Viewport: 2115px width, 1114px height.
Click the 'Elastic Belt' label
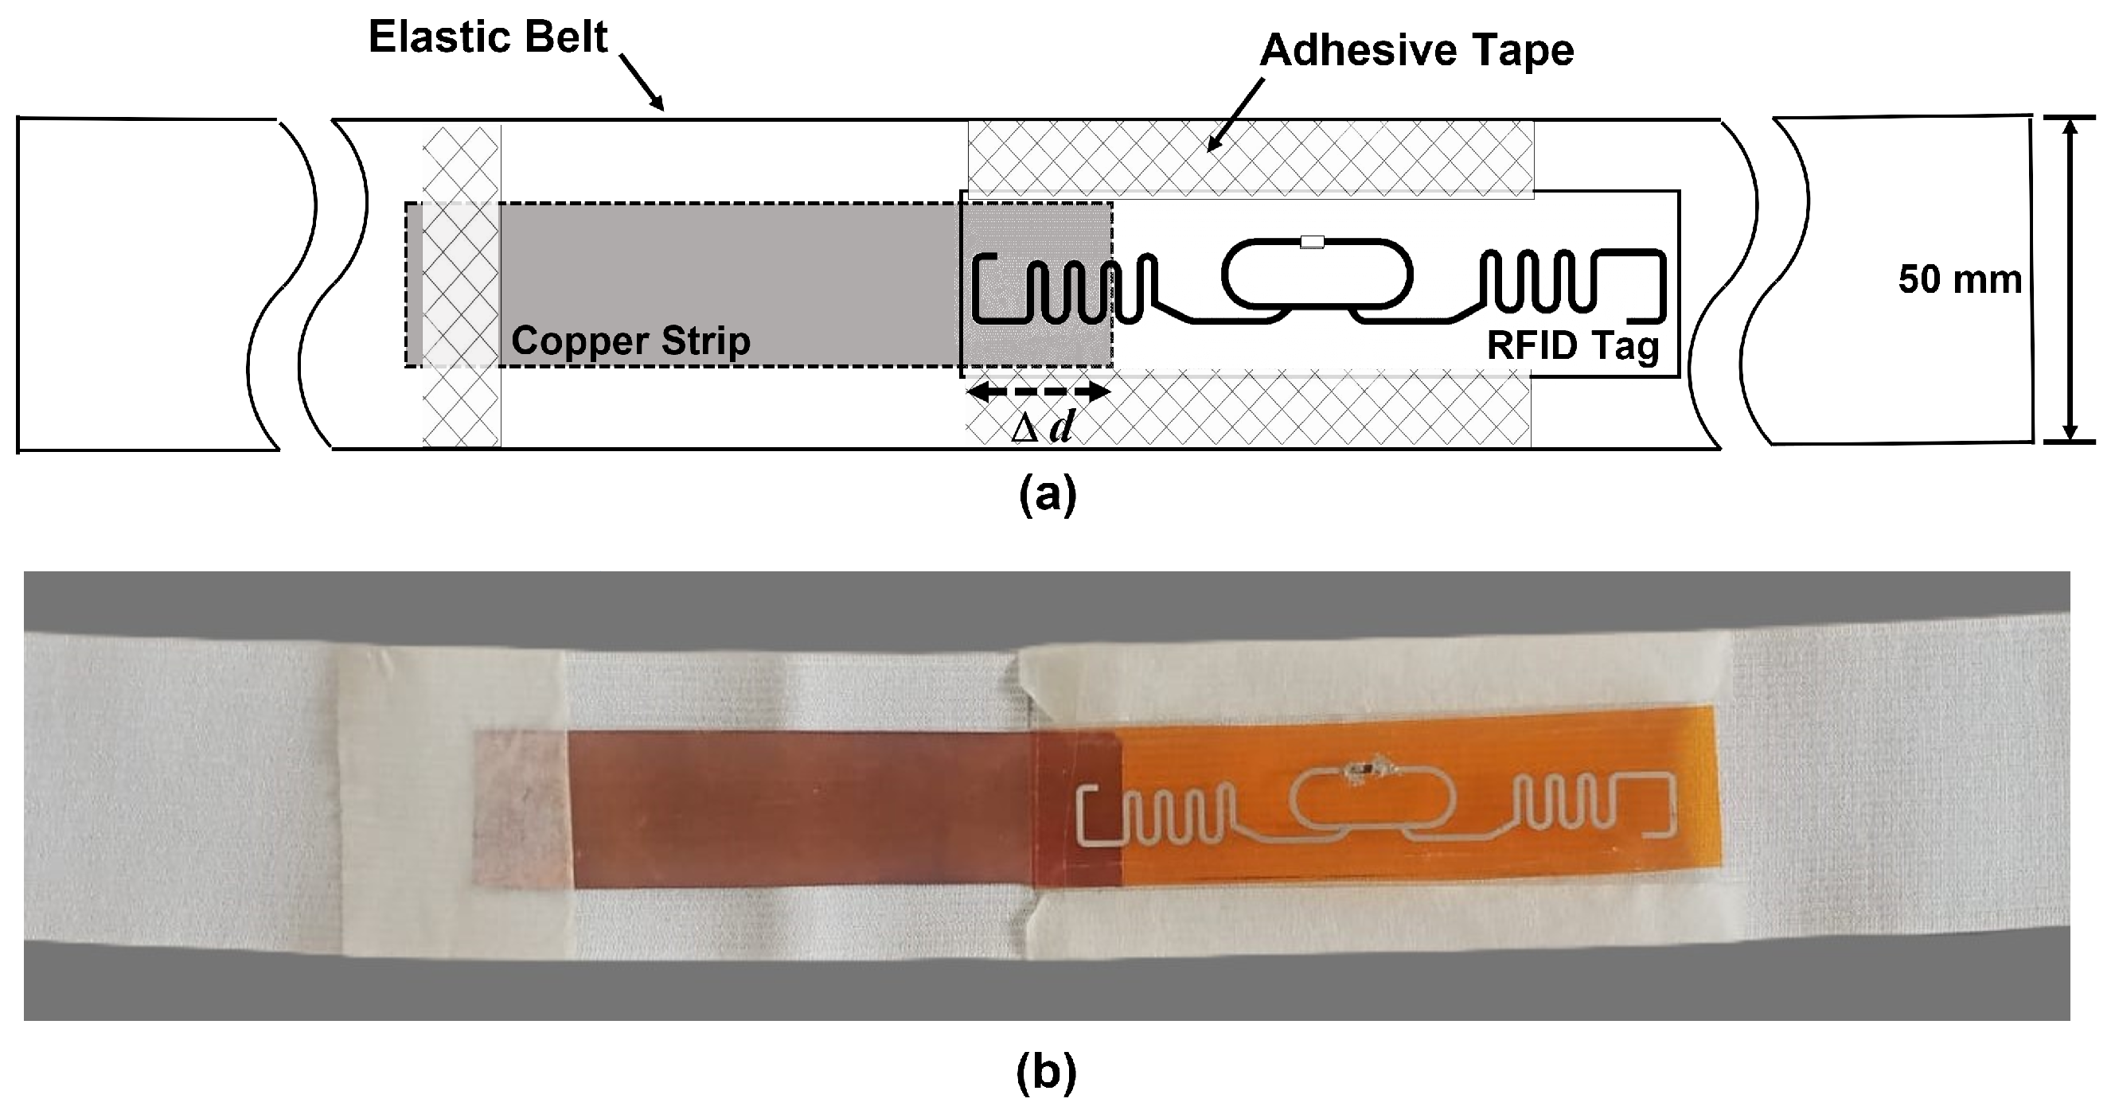[x=488, y=37]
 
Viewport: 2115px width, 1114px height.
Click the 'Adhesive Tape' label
[x=1416, y=51]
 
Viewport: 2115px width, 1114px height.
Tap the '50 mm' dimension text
[x=1959, y=281]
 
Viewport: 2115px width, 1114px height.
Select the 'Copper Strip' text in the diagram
[x=630, y=341]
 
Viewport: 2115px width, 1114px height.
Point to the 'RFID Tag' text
[x=1572, y=345]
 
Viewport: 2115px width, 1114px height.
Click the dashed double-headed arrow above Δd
[x=1039, y=392]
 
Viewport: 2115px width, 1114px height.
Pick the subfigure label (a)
[x=1047, y=496]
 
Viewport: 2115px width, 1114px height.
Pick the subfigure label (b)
[x=1046, y=1073]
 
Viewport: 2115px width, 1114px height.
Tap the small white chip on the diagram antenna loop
[x=1312, y=242]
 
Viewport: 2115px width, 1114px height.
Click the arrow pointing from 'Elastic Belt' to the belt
[x=642, y=82]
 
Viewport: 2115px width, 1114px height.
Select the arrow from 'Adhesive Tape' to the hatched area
[x=1236, y=115]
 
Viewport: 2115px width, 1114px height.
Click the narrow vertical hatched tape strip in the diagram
[x=461, y=284]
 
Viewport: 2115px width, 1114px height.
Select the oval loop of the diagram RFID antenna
[x=1317, y=275]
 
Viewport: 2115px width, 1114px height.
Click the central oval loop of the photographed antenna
[x=1372, y=801]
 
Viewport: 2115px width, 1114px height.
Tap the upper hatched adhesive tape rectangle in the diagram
[x=1250, y=158]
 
